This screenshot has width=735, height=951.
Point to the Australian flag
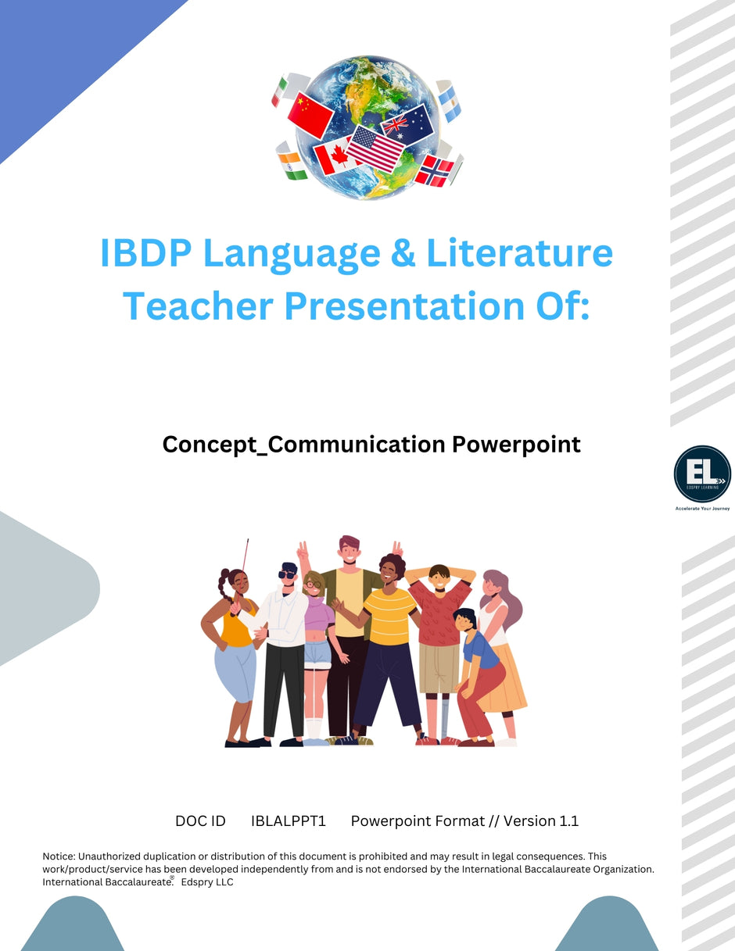click(408, 123)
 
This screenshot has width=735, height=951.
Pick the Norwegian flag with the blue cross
click(435, 170)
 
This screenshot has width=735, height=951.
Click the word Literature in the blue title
click(519, 253)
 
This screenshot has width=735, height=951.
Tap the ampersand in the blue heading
click(399, 253)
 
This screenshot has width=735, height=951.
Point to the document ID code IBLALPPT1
click(288, 821)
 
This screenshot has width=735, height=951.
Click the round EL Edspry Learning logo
click(702, 474)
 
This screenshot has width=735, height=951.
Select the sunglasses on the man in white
click(288, 574)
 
